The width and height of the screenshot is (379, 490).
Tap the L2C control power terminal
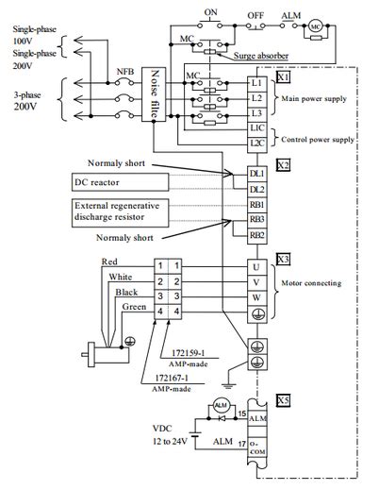[256, 142]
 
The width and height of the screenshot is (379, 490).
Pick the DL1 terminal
[256, 174]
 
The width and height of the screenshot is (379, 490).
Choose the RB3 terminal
[256, 219]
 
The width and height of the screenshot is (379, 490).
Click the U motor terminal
[256, 267]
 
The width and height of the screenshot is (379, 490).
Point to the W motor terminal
[256, 296]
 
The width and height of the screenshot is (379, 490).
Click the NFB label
[124, 72]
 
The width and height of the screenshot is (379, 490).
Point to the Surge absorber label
[261, 55]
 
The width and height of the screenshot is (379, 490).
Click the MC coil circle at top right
[316, 26]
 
